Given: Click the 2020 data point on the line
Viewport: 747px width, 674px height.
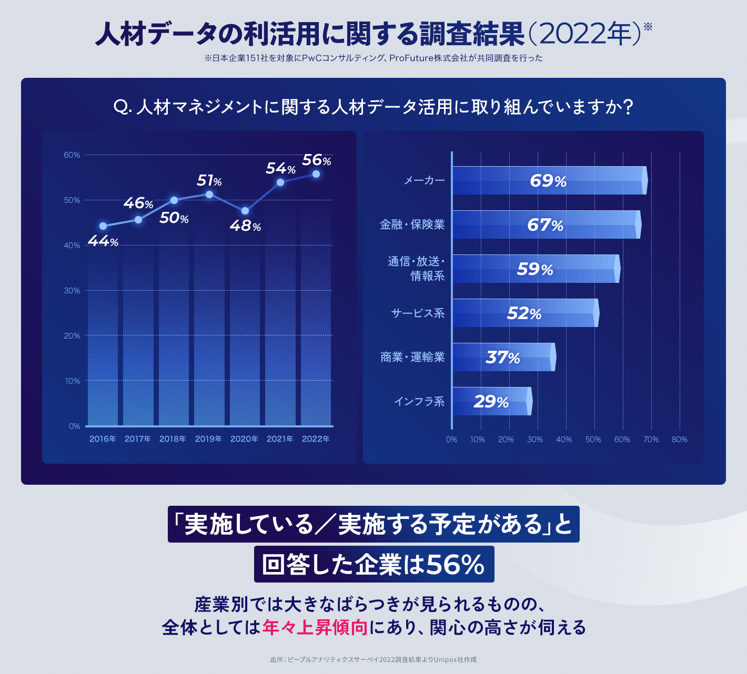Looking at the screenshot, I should [x=245, y=211].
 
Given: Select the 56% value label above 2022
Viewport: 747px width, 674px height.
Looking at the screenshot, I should [x=316, y=160].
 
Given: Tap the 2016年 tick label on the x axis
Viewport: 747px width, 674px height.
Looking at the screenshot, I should [x=103, y=439].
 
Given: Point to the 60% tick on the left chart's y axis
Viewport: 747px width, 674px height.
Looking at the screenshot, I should [x=72, y=155].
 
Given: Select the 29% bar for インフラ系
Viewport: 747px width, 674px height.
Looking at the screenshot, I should [x=492, y=402].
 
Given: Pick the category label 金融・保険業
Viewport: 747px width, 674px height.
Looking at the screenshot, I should [x=412, y=224].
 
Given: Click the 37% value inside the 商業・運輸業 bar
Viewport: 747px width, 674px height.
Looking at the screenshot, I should [x=502, y=358].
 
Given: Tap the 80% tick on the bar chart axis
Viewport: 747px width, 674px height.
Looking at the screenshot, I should [x=679, y=440].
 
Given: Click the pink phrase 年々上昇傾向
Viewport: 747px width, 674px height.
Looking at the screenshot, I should [x=315, y=627].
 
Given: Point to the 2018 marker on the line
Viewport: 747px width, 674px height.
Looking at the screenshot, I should [x=174, y=200].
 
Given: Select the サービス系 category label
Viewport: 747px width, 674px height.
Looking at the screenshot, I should [x=418, y=313].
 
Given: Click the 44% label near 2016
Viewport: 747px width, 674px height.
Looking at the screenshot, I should [x=103, y=241].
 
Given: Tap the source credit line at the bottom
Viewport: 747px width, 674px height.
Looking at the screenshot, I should [x=373, y=659].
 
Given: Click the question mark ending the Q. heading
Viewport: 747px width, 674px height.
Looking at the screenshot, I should [x=627, y=107].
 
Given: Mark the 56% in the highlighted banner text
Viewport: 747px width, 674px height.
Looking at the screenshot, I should [x=455, y=565].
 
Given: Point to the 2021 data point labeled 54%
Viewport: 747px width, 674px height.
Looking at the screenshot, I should [x=280, y=182].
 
